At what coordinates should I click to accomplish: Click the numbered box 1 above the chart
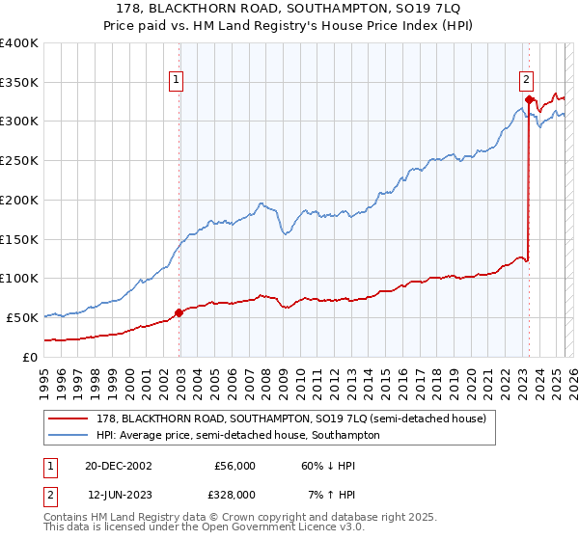coord(179,81)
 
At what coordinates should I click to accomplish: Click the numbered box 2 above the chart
coord(527,81)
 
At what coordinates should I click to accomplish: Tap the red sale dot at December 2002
coord(179,312)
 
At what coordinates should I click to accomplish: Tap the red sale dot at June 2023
coord(529,99)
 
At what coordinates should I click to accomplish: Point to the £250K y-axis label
coord(19,160)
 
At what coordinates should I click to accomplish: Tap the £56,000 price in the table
coord(235,465)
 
